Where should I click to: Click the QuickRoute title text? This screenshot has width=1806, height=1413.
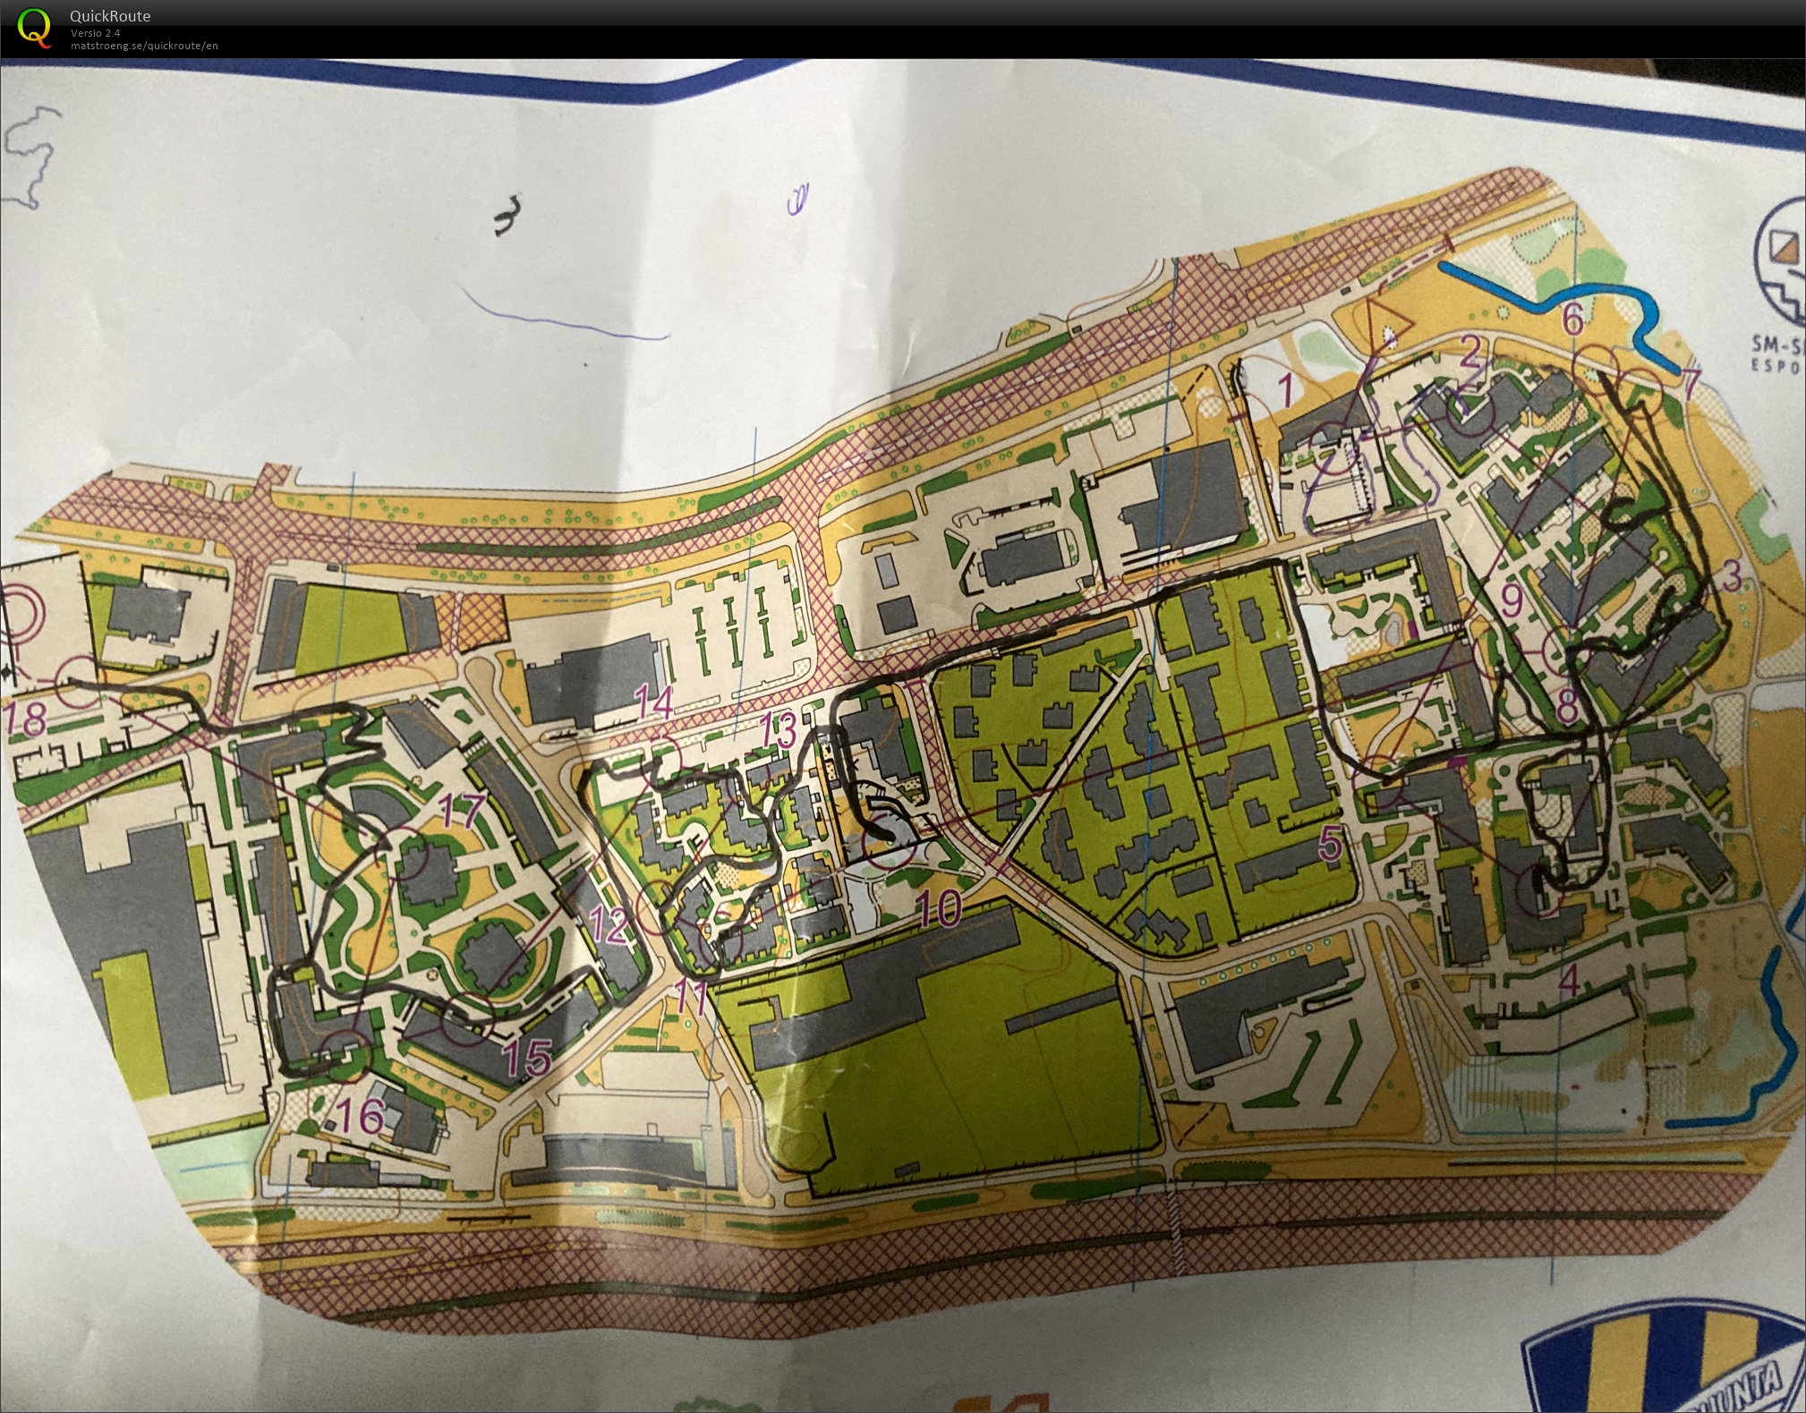[110, 15]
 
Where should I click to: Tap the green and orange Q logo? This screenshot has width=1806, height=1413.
[34, 27]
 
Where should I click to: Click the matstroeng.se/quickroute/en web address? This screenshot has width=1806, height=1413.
[144, 46]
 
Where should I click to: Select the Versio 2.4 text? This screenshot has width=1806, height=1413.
[96, 33]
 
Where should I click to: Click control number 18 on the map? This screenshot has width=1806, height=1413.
[27, 719]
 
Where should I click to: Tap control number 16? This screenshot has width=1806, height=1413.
[362, 1115]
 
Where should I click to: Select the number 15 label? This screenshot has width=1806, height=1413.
[527, 1056]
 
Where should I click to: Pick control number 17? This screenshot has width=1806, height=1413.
[462, 811]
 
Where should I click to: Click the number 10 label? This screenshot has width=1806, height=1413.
[939, 907]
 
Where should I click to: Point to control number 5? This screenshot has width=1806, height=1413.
[1331, 843]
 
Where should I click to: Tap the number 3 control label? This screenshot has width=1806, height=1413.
[1732, 576]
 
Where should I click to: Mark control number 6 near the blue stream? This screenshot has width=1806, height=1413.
[1572, 319]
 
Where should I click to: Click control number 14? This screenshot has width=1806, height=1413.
[653, 702]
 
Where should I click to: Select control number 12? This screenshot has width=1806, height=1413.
[609, 924]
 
